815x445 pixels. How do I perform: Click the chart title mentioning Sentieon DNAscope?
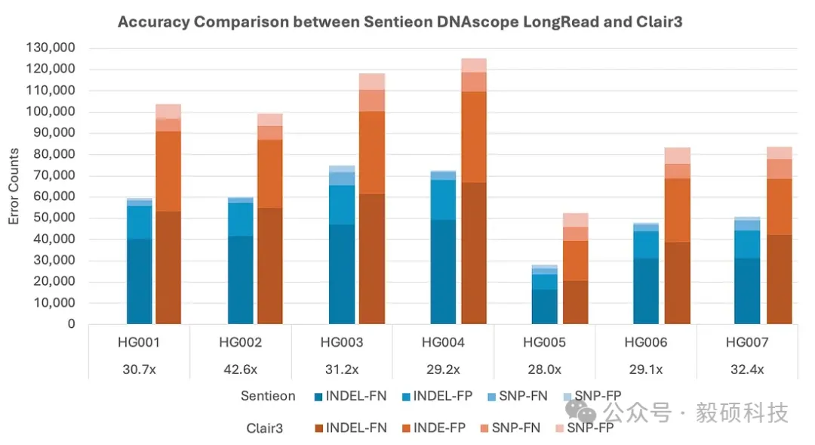pyautogui.click(x=400, y=22)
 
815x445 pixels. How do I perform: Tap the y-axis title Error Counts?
pyautogui.click(x=14, y=187)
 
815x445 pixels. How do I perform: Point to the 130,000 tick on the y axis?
pyautogui.click(x=51, y=48)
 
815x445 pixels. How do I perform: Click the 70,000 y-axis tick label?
pyautogui.click(x=54, y=175)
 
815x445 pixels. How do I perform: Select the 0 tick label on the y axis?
pyautogui.click(x=71, y=323)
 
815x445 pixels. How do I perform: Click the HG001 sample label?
pyautogui.click(x=139, y=342)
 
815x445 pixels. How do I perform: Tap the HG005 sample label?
pyautogui.click(x=544, y=342)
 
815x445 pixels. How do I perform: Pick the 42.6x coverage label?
pyautogui.click(x=240, y=369)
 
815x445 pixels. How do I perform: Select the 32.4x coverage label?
pyautogui.click(x=747, y=369)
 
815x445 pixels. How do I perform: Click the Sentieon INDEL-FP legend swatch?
pyautogui.click(x=407, y=397)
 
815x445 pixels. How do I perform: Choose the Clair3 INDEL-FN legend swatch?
pyautogui.click(x=319, y=428)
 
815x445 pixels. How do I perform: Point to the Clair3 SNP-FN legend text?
pyautogui.click(x=515, y=428)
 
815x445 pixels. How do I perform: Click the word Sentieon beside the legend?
pyautogui.click(x=268, y=396)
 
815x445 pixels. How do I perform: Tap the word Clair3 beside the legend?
pyautogui.click(x=265, y=428)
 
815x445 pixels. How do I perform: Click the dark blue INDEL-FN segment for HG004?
pyautogui.click(x=444, y=272)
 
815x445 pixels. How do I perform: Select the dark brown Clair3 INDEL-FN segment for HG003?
pyautogui.click(x=372, y=258)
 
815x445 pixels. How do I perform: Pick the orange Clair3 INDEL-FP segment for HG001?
pyautogui.click(x=168, y=172)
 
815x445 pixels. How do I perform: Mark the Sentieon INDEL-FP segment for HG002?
pyautogui.click(x=241, y=219)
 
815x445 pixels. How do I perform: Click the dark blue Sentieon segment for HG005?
pyautogui.click(x=544, y=307)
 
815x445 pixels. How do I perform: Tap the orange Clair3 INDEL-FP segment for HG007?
pyautogui.click(x=779, y=206)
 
